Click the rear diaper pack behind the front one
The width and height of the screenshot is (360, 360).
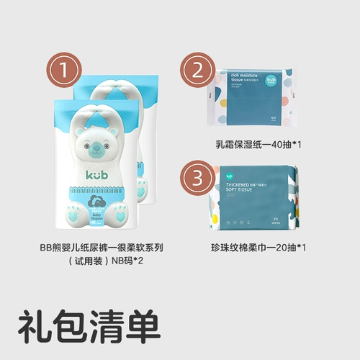tap(148, 108)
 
